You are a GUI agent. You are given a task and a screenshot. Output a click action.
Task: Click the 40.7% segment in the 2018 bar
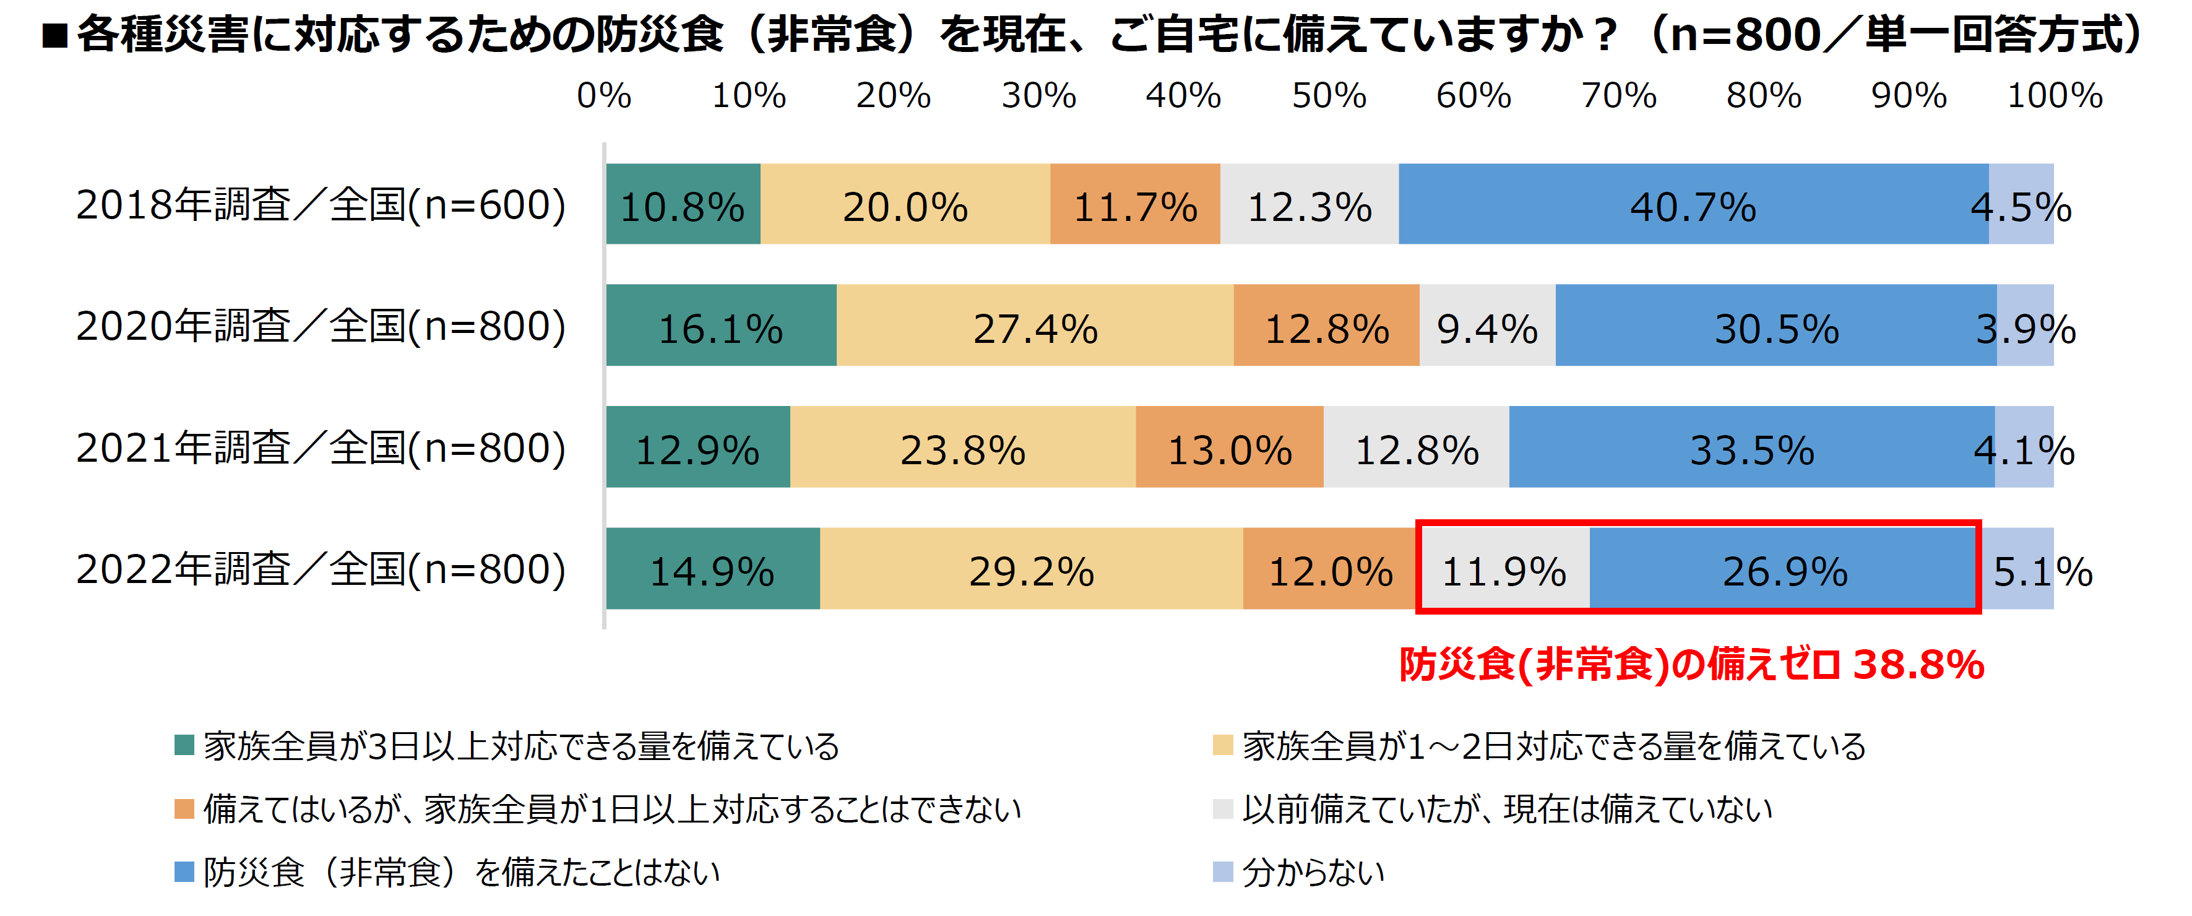coord(1693,204)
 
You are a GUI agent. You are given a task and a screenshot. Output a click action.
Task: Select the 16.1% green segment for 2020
coord(721,326)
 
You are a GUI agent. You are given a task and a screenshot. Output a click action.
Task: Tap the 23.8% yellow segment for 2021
coord(962,447)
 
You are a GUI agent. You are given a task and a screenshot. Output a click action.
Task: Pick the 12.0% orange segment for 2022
coord(1329,569)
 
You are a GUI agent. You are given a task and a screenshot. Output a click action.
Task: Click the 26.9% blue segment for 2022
coord(1784,569)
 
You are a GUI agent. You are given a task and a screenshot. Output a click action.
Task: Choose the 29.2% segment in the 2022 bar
coord(1030,569)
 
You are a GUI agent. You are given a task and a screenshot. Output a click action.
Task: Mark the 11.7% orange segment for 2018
coord(1134,204)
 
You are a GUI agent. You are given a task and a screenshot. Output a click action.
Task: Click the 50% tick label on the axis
coord(1328,95)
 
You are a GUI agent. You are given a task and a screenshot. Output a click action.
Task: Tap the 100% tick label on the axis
coord(2054,95)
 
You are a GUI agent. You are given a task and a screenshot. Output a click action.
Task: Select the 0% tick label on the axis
coord(603,95)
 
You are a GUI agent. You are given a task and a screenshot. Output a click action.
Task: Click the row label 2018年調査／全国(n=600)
coord(321,205)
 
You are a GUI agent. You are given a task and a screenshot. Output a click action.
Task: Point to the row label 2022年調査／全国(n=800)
coord(321,569)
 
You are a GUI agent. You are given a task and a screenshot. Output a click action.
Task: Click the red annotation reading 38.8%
coord(1918,665)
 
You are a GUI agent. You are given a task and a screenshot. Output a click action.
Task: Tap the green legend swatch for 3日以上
coord(184,746)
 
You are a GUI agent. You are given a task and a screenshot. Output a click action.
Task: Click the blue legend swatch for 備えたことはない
coord(184,871)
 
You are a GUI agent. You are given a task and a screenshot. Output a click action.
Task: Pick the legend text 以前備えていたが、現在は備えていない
coord(1506,810)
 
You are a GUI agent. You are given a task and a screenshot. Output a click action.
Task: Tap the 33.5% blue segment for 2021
coord(1751,447)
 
